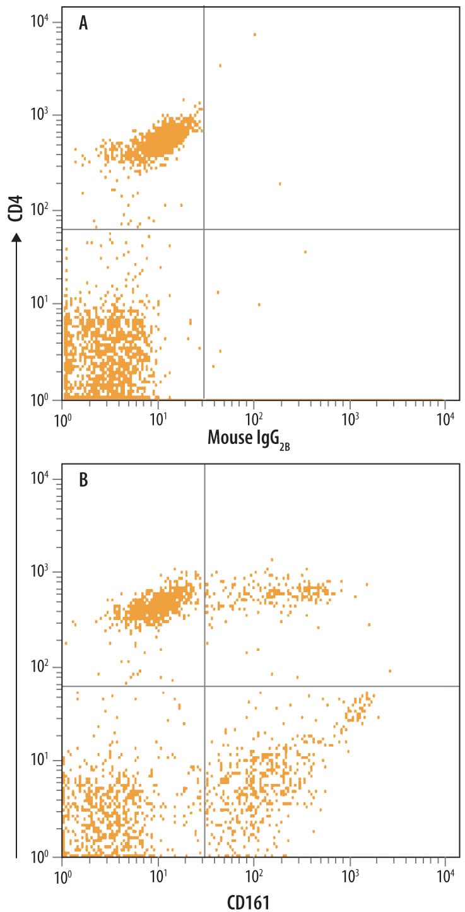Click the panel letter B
point(83,481)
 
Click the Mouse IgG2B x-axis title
point(249,437)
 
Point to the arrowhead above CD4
point(16,238)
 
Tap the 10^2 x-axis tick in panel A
point(254,416)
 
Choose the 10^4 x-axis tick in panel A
point(445,416)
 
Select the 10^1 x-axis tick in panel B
point(158,874)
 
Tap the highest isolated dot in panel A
point(254,35)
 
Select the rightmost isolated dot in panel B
point(390,671)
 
